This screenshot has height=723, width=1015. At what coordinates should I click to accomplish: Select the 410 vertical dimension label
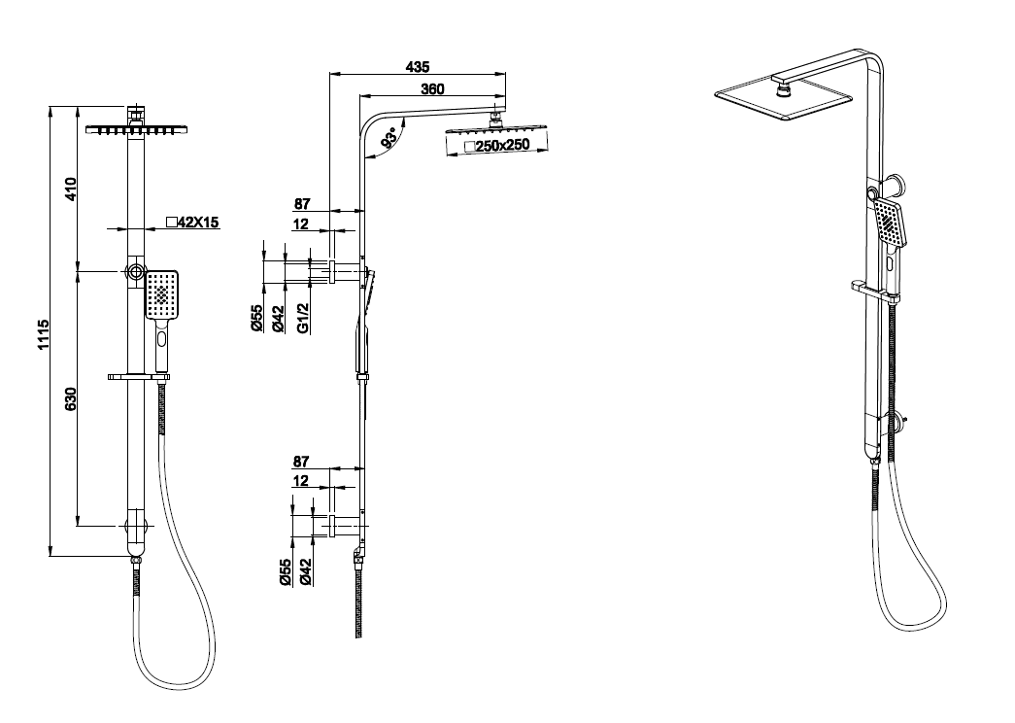(70, 187)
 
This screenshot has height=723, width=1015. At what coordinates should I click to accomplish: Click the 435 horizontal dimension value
(418, 66)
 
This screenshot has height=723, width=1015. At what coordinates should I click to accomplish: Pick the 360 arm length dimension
(432, 88)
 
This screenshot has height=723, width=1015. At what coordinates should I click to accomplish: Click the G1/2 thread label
(303, 317)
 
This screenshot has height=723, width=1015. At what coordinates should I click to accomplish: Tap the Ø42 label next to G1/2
(278, 317)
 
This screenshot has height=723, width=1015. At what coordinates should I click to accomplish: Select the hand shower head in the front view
(161, 294)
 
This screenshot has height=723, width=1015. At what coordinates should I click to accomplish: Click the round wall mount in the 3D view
(897, 184)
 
